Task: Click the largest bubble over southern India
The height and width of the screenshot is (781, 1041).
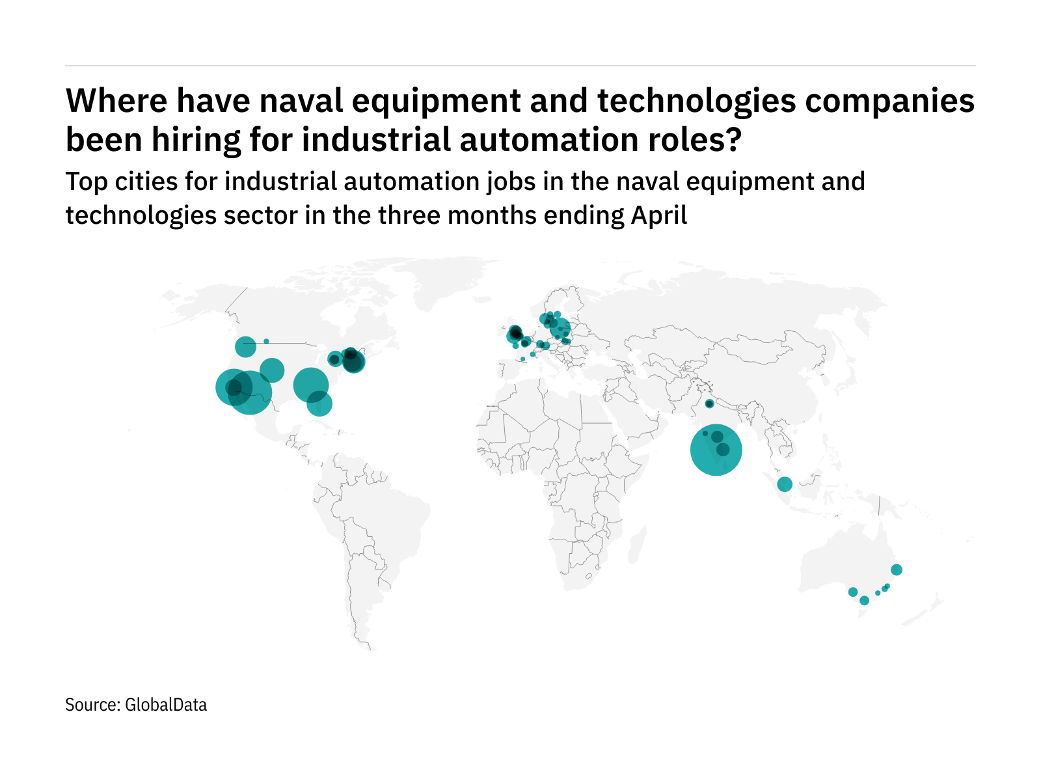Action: pos(716,450)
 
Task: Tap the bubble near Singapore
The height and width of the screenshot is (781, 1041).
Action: pos(785,484)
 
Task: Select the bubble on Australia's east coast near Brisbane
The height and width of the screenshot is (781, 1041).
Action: pos(896,570)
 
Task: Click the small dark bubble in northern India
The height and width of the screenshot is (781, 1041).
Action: pos(709,404)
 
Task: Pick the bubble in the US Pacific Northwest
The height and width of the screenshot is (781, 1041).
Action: pos(245,347)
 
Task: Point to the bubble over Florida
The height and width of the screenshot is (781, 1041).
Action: pos(319,404)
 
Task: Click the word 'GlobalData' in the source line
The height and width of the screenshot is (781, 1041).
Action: pos(166,705)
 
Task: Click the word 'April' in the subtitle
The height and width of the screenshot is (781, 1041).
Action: pos(659,215)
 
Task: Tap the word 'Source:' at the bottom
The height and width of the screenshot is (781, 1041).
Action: pos(92,705)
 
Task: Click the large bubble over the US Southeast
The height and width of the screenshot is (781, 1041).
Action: pos(310,385)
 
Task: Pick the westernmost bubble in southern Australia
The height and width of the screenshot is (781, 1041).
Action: pos(852,592)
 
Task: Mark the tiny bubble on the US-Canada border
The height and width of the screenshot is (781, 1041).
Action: pos(266,341)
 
